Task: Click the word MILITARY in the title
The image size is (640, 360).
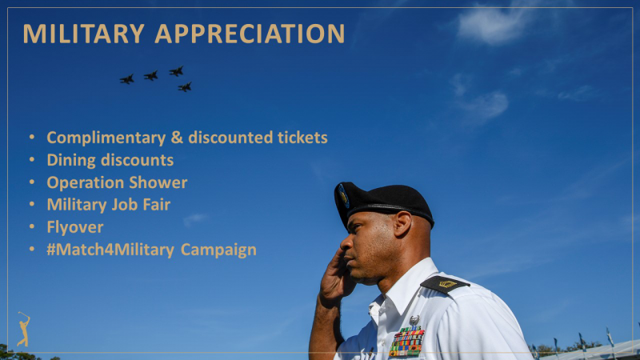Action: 84,34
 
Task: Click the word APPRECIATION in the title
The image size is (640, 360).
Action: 250,34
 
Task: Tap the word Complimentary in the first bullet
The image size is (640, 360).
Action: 106,138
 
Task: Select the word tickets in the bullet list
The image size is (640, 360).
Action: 302,138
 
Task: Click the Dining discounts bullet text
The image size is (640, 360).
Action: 110,160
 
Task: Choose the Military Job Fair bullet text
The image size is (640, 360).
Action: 109,205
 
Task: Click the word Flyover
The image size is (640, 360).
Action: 75,227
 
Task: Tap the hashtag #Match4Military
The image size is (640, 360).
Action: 110,250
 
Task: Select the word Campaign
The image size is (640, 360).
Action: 218,250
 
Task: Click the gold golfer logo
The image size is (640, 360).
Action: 24,330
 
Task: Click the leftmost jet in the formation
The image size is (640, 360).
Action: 127,79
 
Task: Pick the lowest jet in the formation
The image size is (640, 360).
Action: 185,87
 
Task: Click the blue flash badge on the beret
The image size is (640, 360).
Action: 344,196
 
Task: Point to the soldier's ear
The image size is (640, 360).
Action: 402,224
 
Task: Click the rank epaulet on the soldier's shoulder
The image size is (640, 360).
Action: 445,284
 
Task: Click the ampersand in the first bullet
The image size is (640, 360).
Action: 177,137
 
